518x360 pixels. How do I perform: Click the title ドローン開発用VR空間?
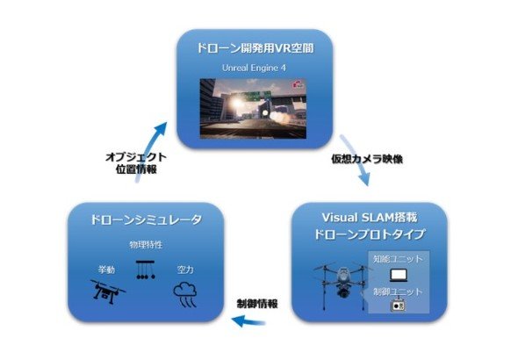point(255,48)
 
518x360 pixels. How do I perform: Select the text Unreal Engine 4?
point(254,68)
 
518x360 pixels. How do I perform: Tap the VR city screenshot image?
point(253,109)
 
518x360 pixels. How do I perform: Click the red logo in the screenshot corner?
point(298,84)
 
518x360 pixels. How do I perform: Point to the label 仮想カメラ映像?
point(367,159)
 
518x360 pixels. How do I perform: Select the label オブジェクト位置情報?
point(136,163)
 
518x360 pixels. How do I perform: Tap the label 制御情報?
point(257,304)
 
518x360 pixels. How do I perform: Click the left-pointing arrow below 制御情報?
point(248,320)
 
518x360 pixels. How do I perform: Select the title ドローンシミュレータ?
point(146,220)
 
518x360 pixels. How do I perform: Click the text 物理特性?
point(146,245)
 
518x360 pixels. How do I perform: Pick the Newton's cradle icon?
point(146,270)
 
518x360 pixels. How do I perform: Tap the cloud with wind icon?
point(185,294)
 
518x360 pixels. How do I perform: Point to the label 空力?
point(185,270)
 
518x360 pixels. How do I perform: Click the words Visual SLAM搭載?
point(370,218)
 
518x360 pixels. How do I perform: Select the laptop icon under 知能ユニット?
point(399,275)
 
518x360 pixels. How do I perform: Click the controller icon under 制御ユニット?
point(398,306)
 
